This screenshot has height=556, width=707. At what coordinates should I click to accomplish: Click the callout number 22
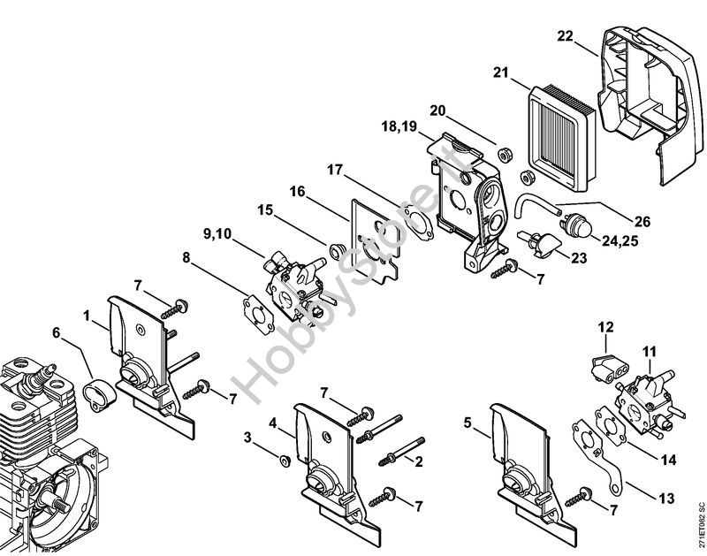(565, 36)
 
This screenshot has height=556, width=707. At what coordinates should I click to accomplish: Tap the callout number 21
(500, 72)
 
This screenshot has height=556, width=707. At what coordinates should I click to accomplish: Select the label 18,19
(399, 126)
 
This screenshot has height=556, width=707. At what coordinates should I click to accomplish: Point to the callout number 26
(642, 221)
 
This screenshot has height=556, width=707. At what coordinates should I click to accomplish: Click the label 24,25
(620, 240)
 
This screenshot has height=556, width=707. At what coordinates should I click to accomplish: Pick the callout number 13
(666, 499)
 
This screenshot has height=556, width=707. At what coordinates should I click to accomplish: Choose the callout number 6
(56, 332)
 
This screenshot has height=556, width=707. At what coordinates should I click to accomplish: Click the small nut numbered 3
(285, 461)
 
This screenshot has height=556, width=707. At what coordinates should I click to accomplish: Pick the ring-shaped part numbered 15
(337, 250)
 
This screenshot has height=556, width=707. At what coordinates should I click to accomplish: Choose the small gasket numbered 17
(419, 221)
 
